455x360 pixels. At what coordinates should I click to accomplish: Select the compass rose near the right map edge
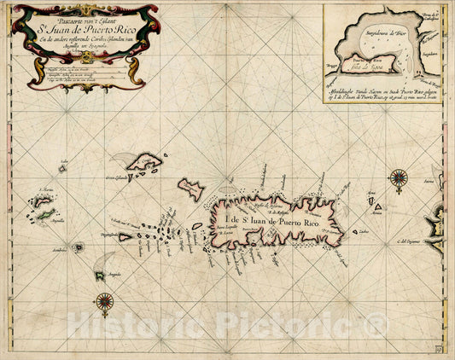coord(398,178)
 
